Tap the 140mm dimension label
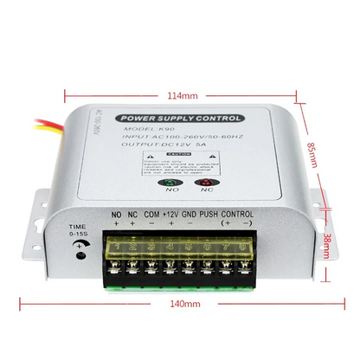181,304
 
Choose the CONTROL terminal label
238,215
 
